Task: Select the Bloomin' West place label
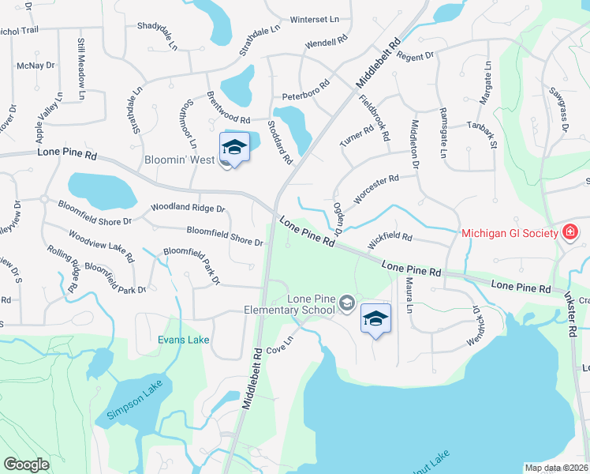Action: (180, 160)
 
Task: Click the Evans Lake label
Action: (183, 340)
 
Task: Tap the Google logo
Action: (26, 464)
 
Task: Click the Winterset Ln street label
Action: (314, 19)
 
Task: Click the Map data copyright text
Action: (556, 468)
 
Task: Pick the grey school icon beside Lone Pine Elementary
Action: (345, 303)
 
